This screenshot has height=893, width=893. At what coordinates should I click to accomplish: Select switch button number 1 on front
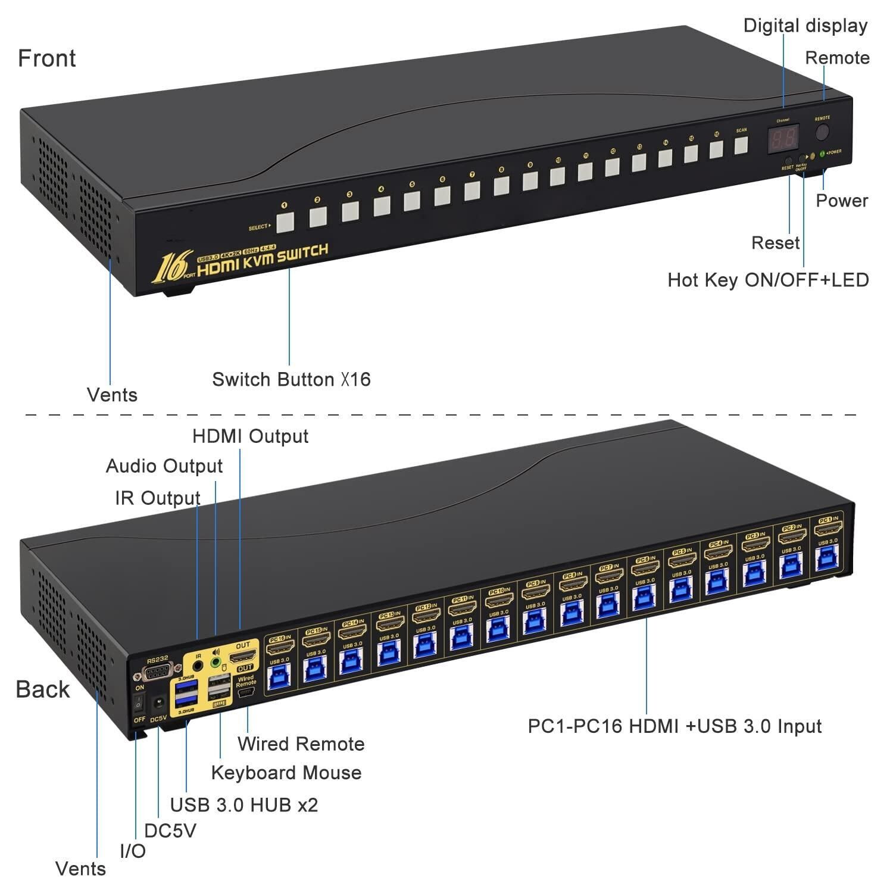point(286,222)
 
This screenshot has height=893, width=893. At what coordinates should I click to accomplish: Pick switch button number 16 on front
point(716,149)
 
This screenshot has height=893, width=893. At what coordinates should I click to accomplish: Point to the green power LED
point(823,154)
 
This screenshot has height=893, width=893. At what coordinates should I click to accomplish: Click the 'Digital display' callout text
point(805,26)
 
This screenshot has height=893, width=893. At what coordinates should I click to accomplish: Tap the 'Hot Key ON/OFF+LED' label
point(767,280)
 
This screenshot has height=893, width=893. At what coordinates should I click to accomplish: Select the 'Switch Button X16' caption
point(291,379)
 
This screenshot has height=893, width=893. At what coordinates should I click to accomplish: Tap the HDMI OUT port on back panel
point(242,657)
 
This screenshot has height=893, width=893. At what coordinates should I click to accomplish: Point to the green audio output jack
point(216,662)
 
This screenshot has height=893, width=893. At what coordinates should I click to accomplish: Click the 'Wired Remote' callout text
point(301,744)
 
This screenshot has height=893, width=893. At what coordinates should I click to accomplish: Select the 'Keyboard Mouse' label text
point(286,773)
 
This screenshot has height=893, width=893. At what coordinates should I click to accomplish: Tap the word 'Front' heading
point(46,58)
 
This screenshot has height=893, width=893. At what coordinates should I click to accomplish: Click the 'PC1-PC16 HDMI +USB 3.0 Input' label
point(675,726)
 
